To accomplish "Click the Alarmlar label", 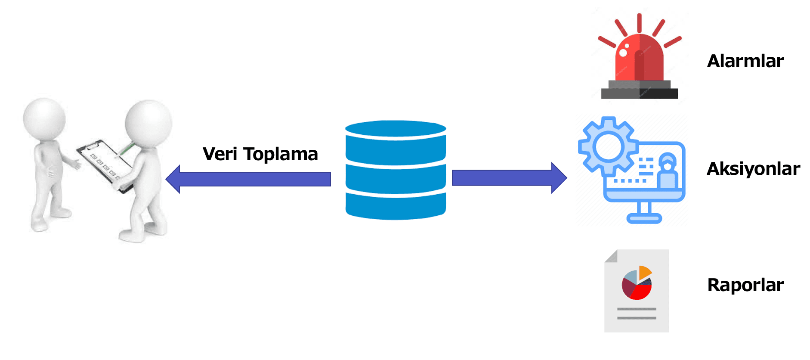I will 745,61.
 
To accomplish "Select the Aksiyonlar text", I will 753,169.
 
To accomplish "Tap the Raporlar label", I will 745,285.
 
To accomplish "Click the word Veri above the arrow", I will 220,154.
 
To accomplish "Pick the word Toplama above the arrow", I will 281,154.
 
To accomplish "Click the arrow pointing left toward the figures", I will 248,179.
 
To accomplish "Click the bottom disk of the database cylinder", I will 396,207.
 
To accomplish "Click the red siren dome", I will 639,58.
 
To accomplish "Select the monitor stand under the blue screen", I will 644,213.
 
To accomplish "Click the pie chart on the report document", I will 637,283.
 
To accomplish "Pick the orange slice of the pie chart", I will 644,272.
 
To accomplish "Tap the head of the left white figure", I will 44,118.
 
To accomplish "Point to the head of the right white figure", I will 148,123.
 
